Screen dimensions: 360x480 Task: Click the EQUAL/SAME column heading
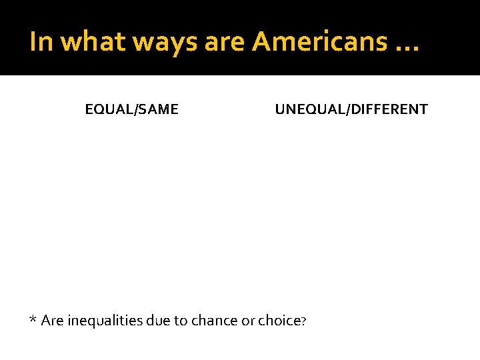click(x=132, y=109)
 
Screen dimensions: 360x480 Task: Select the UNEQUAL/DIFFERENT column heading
click(x=351, y=109)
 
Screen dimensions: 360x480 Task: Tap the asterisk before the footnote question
click(x=33, y=319)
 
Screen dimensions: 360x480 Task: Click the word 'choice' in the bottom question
click(x=279, y=321)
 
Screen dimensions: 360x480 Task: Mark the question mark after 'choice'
click(x=303, y=321)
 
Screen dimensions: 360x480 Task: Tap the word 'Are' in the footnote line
click(x=52, y=321)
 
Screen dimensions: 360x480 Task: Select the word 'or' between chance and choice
click(x=248, y=321)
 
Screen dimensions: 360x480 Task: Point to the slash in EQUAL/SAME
click(x=135, y=109)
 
